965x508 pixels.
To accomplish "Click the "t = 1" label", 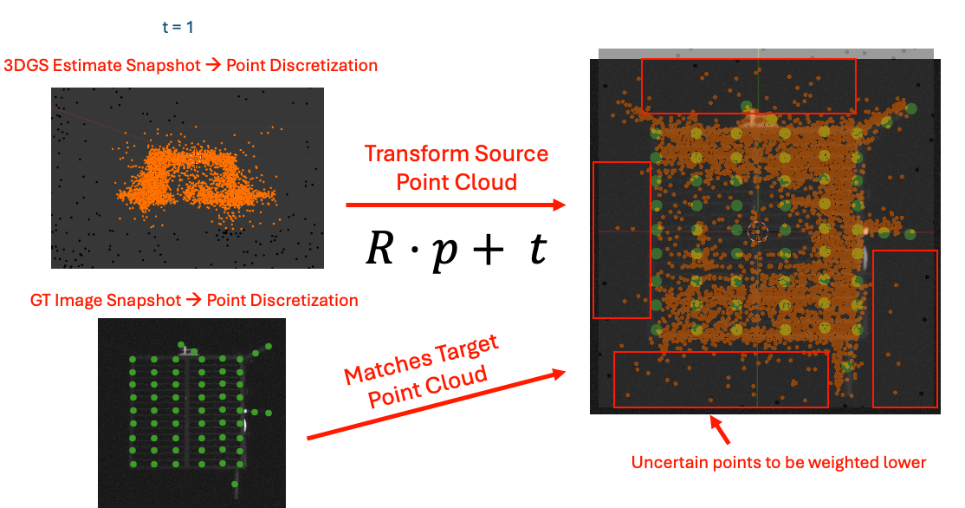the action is pyautogui.click(x=178, y=27).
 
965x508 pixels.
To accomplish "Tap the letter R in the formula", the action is pyautogui.click(x=380, y=248).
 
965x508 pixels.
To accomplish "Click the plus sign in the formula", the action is pyautogui.click(x=489, y=250).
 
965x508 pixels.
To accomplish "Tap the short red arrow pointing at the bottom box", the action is pyautogui.click(x=720, y=430).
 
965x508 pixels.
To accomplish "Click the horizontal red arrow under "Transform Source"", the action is pyautogui.click(x=456, y=205).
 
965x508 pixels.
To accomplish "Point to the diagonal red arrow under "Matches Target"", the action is pyautogui.click(x=437, y=405).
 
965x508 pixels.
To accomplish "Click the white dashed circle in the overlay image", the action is pyautogui.click(x=758, y=231).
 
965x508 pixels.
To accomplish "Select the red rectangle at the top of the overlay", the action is pyautogui.click(x=748, y=60).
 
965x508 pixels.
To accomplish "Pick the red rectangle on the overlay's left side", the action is pyautogui.click(x=594, y=240).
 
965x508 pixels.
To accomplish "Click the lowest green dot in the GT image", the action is pyautogui.click(x=235, y=485).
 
